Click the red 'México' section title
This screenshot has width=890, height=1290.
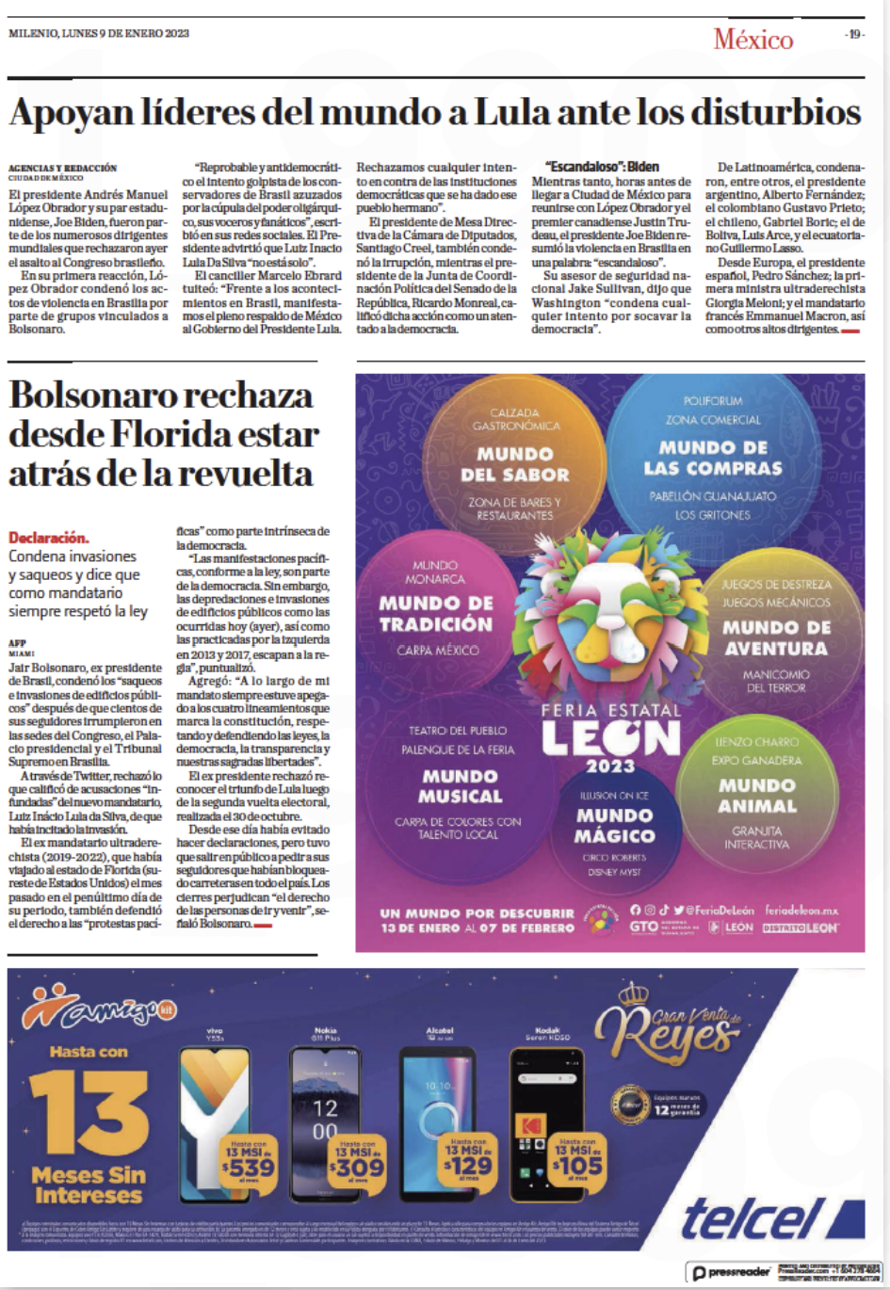(x=752, y=39)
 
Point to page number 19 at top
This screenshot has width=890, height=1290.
(x=854, y=34)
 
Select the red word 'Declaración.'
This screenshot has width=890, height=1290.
(x=49, y=538)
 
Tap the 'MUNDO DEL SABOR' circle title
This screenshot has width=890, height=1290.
(x=514, y=464)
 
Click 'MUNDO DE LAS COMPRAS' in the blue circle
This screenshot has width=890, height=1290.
(x=713, y=458)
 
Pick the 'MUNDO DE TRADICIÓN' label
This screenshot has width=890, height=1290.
(x=436, y=613)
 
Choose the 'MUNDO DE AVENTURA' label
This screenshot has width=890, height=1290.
(x=776, y=637)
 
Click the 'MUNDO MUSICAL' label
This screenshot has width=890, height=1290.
(x=461, y=785)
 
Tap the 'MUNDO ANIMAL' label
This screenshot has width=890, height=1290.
(x=757, y=795)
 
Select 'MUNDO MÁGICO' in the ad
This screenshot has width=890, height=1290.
(x=615, y=825)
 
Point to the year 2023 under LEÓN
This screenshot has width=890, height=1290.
(x=610, y=766)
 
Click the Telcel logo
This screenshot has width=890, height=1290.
(x=749, y=1218)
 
